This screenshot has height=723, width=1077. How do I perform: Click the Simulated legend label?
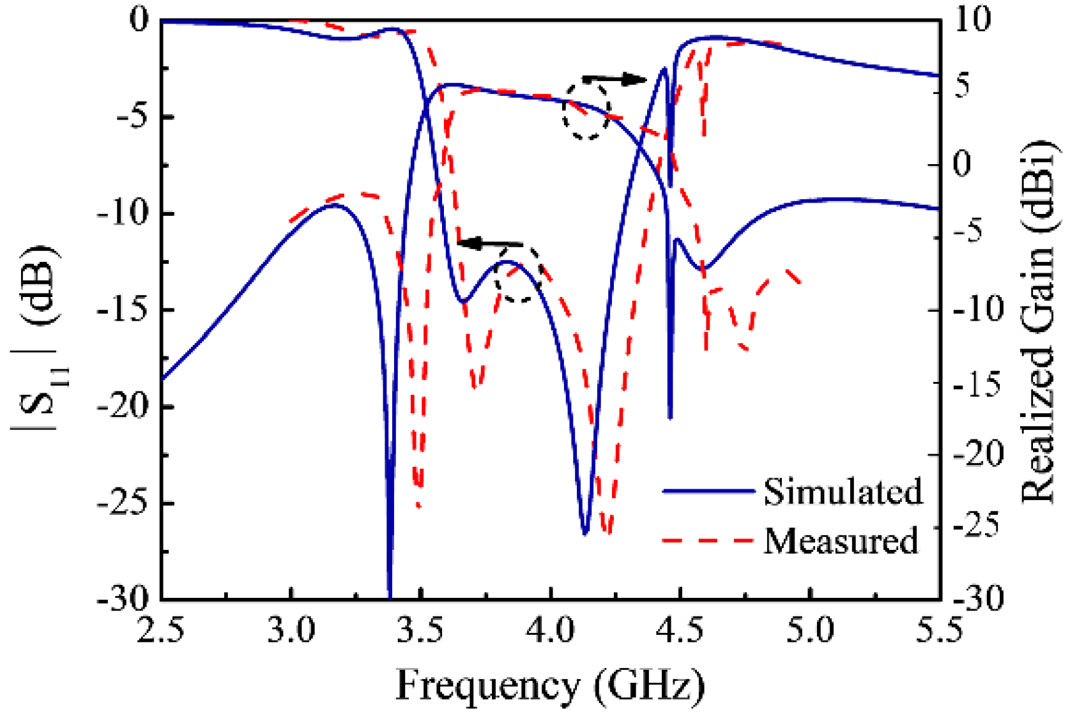(843, 492)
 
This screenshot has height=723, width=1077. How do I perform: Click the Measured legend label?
(841, 541)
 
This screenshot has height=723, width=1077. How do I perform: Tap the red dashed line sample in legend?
(708, 541)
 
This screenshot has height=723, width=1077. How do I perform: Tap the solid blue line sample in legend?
(708, 491)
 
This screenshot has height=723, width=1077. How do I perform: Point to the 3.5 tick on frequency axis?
(420, 631)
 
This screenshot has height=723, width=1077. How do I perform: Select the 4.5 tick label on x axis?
(680, 631)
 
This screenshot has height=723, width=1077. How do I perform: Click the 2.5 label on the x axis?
(161, 631)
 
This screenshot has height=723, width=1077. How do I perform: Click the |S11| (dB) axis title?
(35, 339)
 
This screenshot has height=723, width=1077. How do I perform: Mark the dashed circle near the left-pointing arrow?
(519, 275)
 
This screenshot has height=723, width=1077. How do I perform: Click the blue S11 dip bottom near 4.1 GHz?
(584, 533)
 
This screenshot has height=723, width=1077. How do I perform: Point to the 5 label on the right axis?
(963, 84)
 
